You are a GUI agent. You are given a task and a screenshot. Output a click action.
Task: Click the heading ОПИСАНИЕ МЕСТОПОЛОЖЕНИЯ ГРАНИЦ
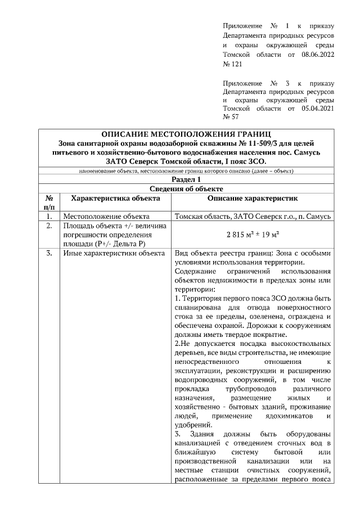point(186,134)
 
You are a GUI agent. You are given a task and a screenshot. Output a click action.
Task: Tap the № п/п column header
point(49,203)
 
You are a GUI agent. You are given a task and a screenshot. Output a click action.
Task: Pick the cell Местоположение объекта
point(106,216)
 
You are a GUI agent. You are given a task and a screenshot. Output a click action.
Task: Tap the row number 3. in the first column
point(49,253)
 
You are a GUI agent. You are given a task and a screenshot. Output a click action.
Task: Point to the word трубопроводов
point(249,389)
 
